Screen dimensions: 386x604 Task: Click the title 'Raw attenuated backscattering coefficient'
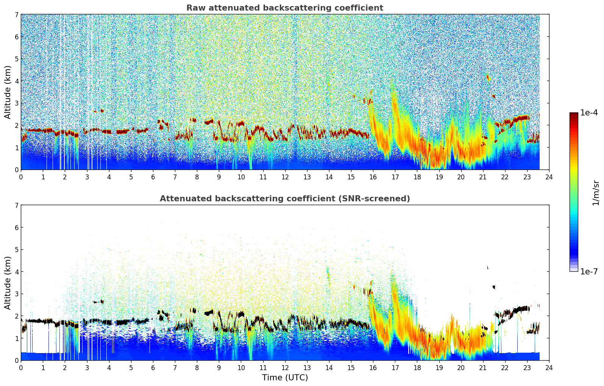284,8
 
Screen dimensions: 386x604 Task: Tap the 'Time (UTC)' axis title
285,378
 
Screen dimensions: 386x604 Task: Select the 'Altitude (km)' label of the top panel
8,92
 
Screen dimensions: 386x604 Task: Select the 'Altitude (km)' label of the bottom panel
8,283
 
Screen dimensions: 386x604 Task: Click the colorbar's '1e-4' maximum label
589,113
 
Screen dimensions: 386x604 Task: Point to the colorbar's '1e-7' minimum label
589,271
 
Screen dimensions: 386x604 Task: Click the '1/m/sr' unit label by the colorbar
595,193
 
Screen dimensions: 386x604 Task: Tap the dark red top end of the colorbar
573,115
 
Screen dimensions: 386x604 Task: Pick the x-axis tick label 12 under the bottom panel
285,368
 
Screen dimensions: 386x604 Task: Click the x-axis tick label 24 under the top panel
549,177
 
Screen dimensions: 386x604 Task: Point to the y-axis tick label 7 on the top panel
16,15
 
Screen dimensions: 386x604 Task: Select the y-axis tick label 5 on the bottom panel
16,250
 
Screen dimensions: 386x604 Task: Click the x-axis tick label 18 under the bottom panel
417,368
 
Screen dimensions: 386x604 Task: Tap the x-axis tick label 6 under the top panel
153,177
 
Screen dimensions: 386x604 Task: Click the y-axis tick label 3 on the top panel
16,103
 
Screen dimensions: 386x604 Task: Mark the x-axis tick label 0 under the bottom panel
21,368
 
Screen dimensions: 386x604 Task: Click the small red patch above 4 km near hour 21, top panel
488,78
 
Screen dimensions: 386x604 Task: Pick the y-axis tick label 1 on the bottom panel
16,338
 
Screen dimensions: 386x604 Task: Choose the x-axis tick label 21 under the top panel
483,177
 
